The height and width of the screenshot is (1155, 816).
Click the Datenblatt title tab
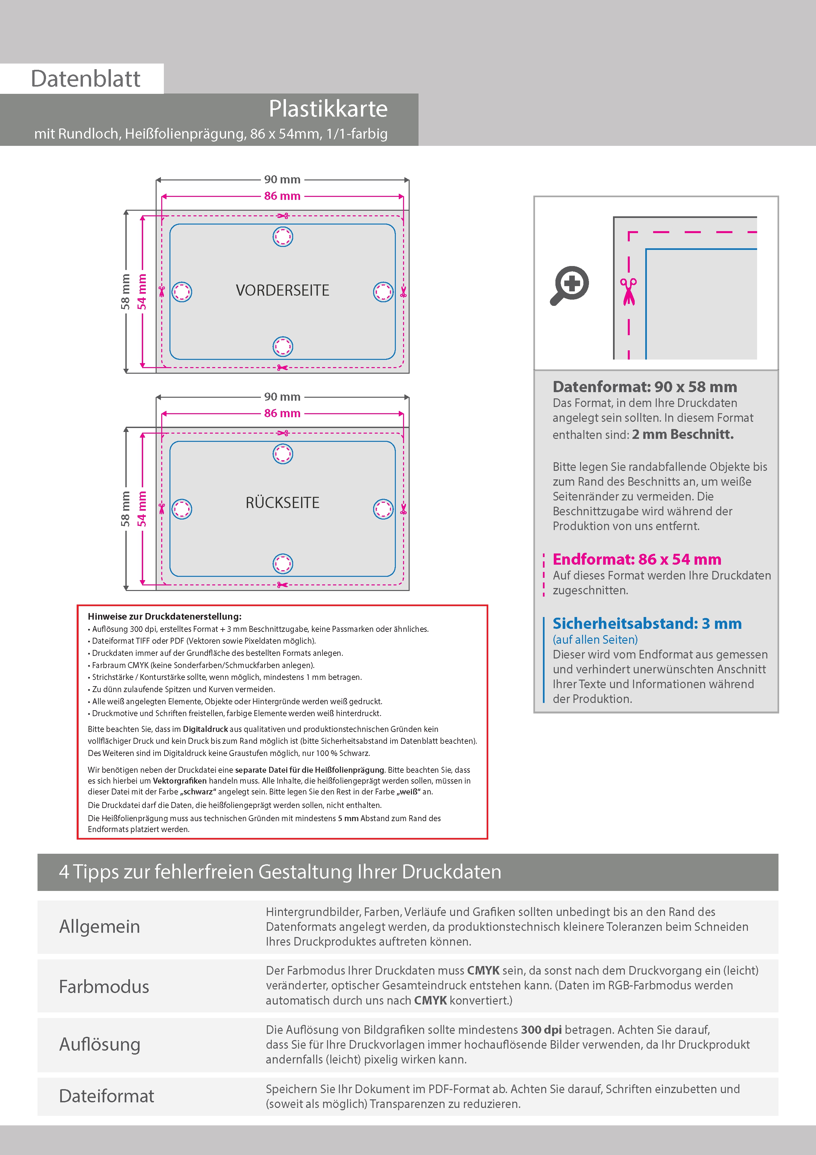86,78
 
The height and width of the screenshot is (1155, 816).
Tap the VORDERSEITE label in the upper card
283,290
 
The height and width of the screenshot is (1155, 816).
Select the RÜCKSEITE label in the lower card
283,502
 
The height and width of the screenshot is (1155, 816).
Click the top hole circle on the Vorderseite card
283,236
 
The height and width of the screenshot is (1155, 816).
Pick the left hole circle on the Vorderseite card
182,292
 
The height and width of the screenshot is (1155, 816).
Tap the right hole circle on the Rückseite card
383,509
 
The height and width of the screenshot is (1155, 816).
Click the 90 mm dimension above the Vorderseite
282,179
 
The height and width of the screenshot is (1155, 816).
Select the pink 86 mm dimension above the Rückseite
282,413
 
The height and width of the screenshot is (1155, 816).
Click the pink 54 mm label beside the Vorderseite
142,292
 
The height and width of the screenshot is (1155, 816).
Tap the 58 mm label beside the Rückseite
125,509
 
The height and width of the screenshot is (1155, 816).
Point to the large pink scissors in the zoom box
628,292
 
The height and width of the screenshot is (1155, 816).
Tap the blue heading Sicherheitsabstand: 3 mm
647,623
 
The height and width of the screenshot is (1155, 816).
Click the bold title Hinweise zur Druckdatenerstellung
165,616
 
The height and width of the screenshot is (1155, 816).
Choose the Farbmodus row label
104,986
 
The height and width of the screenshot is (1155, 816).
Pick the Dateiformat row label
107,1096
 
